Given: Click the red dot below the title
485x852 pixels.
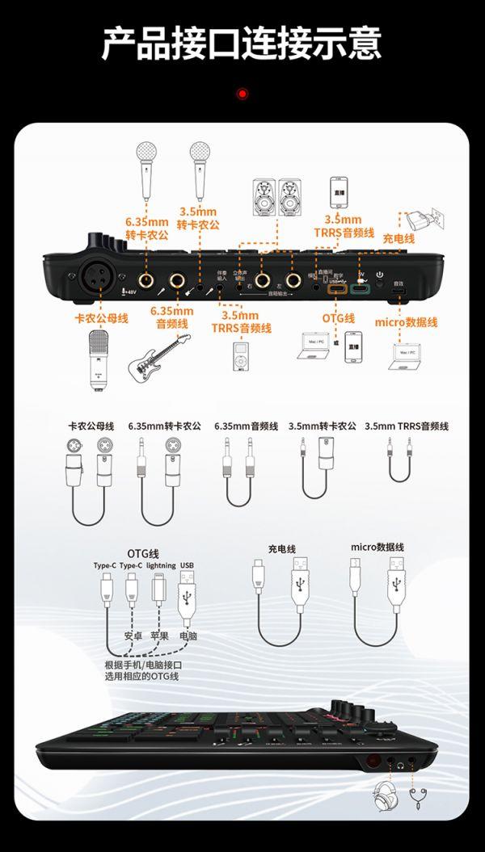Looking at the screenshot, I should [242, 94].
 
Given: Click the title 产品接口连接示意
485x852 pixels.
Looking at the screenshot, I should [242, 43].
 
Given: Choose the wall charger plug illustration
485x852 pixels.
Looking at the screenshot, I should [420, 217].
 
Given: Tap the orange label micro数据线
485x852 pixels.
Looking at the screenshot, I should [406, 322].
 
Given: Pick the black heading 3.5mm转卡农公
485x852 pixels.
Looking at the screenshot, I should [322, 426].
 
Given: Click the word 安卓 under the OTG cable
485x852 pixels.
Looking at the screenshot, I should [133, 636].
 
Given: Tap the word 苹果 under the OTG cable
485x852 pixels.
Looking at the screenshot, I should [160, 636].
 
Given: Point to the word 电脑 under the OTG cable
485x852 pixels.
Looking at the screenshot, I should [188, 636].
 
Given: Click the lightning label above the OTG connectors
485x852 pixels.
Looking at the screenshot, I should [160, 565].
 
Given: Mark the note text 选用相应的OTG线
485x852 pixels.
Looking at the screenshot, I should [141, 675].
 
